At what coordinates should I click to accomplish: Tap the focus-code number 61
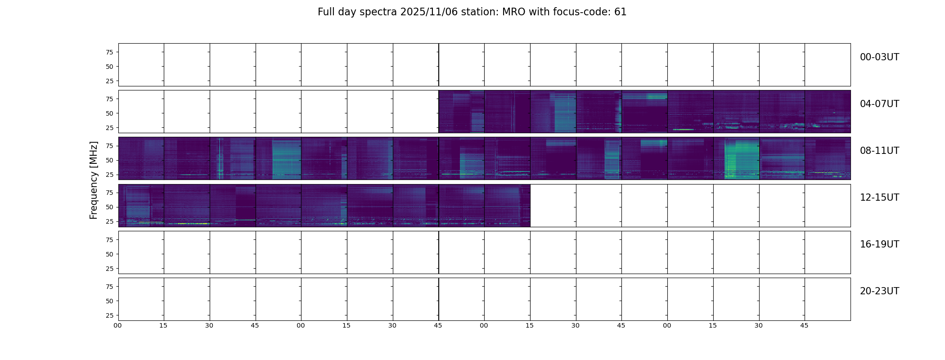point(621,12)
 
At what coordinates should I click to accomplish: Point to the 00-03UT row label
point(879,57)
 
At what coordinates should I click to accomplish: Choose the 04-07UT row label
point(879,104)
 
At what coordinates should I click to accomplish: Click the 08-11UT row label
point(879,151)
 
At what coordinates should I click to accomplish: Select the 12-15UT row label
point(879,198)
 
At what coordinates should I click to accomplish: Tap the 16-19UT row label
point(879,244)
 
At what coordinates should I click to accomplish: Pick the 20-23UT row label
point(879,291)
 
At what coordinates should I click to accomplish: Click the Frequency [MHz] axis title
point(94,180)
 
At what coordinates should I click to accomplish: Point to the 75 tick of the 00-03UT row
point(109,52)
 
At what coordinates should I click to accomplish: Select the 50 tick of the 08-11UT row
point(109,160)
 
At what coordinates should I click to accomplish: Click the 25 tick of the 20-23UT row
point(109,315)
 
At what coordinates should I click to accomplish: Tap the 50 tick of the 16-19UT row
point(109,254)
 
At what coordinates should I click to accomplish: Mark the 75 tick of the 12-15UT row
point(109,193)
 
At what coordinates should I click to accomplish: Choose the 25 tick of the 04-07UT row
point(109,128)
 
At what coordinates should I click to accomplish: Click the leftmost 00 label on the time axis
point(117,325)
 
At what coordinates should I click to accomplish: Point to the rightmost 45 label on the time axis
point(804,325)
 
